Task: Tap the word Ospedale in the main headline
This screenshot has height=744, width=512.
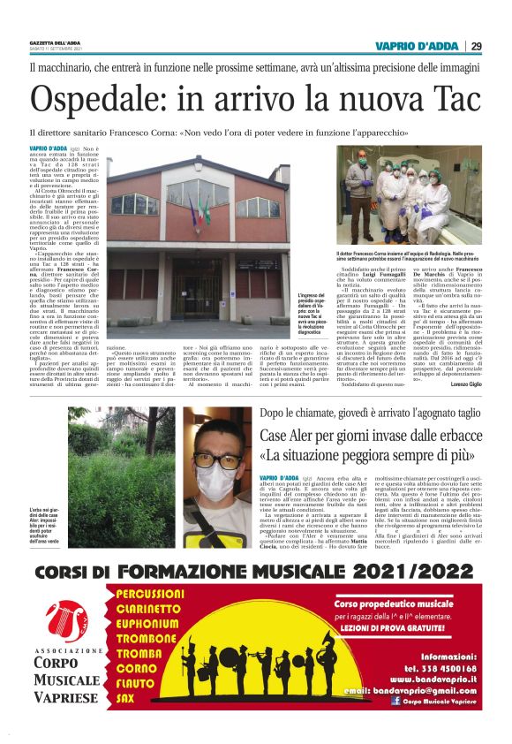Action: [98, 100]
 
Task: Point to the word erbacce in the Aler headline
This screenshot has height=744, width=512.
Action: [448, 437]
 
